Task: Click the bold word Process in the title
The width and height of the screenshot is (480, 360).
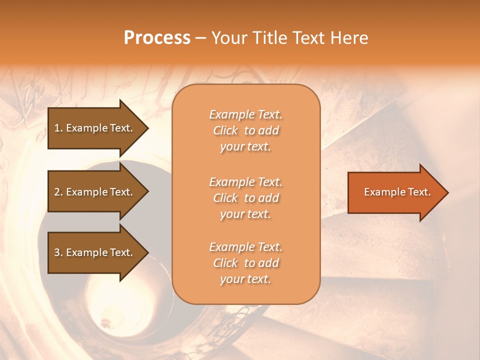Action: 157,38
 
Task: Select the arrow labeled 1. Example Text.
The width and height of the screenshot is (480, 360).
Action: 95,128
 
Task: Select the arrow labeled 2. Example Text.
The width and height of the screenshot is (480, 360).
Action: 95,192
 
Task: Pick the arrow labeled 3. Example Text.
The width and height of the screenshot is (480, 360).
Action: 95,252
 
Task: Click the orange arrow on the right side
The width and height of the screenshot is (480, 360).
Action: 395,192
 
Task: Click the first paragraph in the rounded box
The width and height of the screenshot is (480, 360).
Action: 245,130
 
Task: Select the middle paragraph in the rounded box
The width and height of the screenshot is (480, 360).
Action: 245,198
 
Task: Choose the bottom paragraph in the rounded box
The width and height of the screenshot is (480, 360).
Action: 245,263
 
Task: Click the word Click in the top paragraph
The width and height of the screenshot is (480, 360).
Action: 225,130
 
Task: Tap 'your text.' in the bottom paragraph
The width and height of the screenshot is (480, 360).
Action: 245,279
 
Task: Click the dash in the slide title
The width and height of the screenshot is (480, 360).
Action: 201,38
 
